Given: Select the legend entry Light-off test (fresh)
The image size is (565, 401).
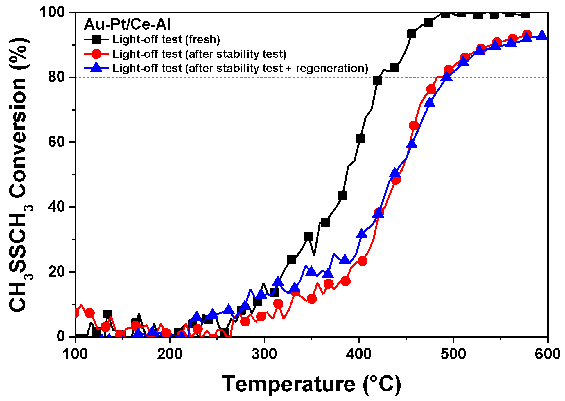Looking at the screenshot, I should coord(166,39).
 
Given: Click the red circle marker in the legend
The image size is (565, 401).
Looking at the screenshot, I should coord(96,54).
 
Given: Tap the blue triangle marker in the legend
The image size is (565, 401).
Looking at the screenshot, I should coord(96,68).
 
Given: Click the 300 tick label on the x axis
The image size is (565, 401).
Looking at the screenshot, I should coord(264,354).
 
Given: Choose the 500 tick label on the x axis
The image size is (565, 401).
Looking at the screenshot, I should coord(453,354).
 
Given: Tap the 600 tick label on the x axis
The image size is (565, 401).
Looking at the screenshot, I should coord(547,354).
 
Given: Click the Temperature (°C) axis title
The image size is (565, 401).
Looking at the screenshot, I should coord(311,384).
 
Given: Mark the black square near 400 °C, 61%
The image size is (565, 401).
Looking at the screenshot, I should coord(360,139).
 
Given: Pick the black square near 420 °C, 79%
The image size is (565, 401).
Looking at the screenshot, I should coord(377,81).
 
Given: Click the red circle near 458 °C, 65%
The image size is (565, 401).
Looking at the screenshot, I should coord(414,125).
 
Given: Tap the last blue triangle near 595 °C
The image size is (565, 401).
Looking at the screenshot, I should coord(542,35).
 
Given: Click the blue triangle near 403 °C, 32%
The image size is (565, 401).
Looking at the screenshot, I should coord(362,233).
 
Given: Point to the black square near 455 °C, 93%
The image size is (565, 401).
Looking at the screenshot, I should coord(412,34).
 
